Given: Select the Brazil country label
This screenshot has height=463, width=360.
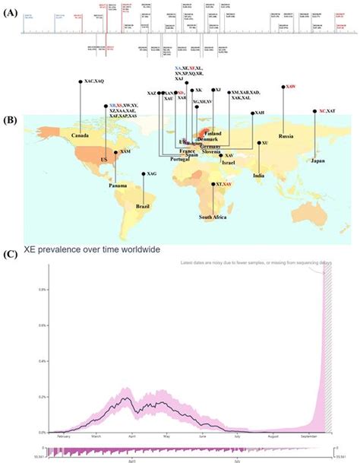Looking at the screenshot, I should (142, 205).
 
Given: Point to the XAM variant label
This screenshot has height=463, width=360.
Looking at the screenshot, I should (126, 152).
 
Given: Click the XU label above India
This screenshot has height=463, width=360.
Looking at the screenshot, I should (265, 142).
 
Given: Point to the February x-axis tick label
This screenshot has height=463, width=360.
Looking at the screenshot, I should (63, 437).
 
